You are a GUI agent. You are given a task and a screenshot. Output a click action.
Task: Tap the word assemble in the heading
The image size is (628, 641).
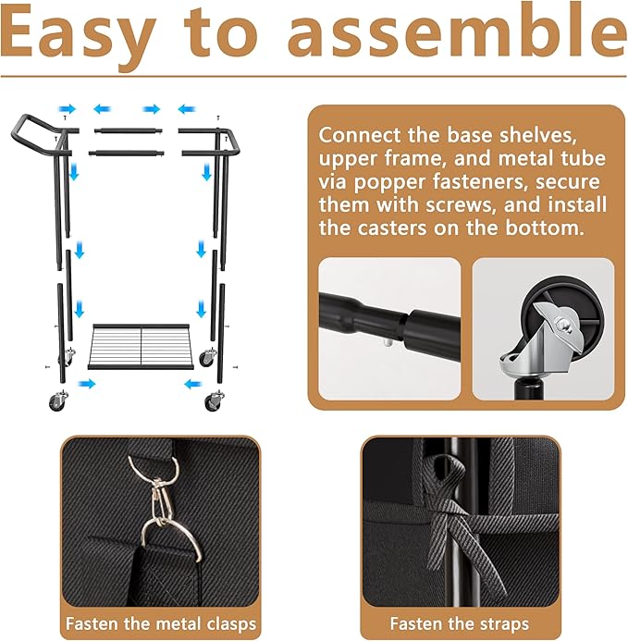pos(457,32)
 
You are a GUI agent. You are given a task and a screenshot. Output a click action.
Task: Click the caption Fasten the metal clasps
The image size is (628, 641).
pos(161,623)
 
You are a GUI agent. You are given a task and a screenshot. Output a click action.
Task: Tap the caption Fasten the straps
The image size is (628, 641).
pos(460,623)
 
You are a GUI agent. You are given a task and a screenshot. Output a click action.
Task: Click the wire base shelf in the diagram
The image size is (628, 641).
pos(142,347)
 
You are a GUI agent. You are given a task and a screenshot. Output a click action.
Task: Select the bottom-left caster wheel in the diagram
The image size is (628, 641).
pos(57,401)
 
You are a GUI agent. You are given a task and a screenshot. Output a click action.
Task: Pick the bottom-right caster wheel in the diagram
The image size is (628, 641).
pos(214,401)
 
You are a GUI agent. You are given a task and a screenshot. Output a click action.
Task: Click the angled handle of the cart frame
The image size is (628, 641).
pos(37,135)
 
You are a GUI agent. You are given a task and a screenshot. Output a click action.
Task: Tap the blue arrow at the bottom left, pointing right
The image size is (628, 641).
pos(86,384)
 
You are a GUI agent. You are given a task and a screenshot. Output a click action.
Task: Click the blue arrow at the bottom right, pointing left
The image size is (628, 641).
pos(193,384)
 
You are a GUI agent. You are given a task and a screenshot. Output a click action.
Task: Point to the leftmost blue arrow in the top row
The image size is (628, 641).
pos(67,109)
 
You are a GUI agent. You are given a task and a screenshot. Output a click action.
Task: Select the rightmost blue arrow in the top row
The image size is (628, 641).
pos(187,109)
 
